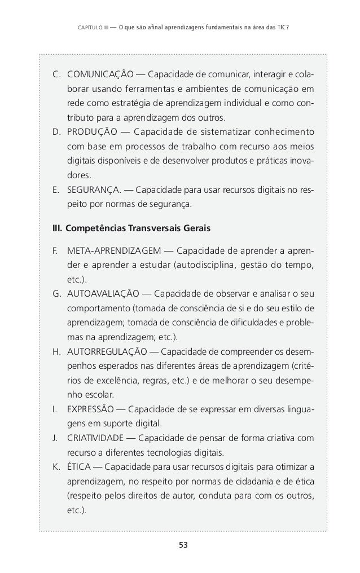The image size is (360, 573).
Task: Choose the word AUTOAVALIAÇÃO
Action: point(103,294)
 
